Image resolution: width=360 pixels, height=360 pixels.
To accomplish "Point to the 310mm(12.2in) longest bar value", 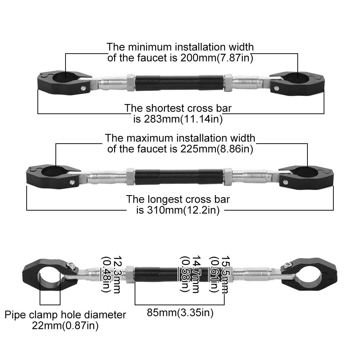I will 183,210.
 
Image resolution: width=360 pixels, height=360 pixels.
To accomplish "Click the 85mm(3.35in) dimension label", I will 180,313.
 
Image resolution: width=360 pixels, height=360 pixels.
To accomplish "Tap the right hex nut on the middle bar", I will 228,176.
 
